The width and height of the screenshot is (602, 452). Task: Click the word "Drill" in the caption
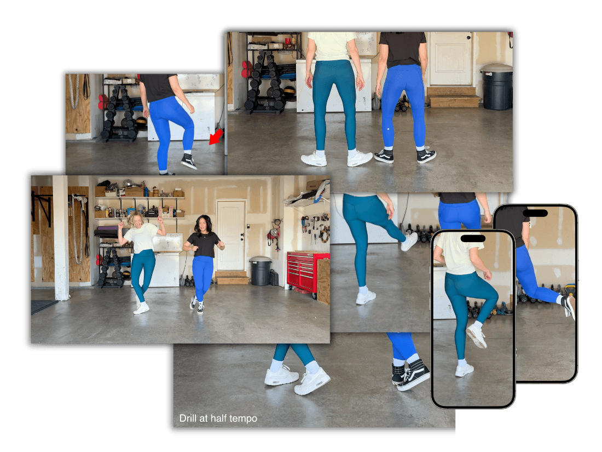[188, 418]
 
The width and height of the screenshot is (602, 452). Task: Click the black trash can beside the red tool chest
[261, 271]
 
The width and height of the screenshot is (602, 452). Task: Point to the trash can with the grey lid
[496, 87]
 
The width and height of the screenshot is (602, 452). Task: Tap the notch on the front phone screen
[473, 239]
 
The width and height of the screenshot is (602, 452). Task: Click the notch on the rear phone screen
[535, 213]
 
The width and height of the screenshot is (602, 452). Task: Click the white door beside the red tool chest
[231, 236]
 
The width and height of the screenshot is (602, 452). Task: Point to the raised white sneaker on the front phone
[476, 335]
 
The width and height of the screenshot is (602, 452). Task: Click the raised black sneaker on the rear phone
[569, 306]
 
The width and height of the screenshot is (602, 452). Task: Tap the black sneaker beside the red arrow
[188, 161]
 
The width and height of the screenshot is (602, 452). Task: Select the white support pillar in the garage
[61, 238]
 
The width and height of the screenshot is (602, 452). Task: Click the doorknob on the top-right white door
[469, 37]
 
